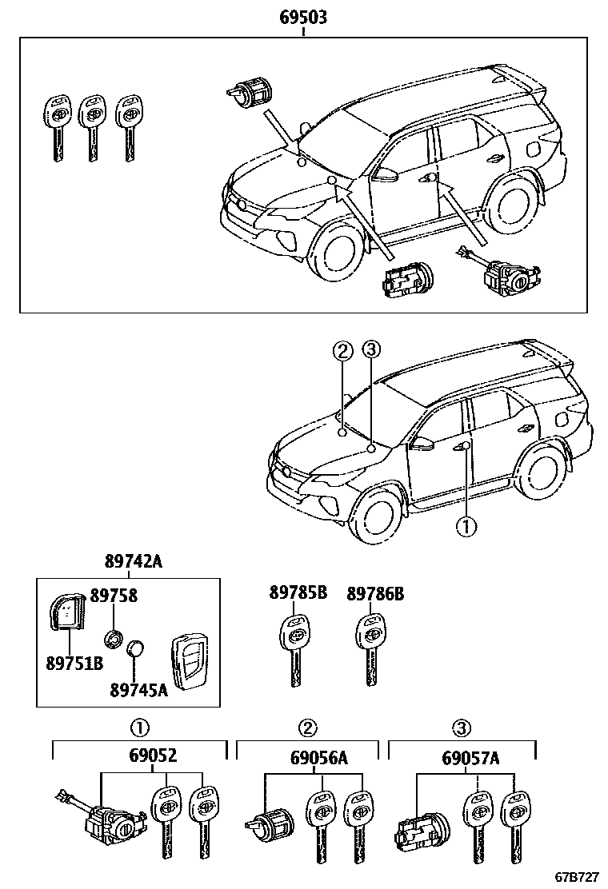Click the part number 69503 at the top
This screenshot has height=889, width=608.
[x=303, y=17]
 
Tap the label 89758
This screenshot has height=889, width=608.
[x=114, y=595]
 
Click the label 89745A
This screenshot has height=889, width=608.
[x=138, y=689]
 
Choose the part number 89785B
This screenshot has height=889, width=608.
[x=298, y=593]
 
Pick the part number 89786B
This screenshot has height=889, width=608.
[x=374, y=593]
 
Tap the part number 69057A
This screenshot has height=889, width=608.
[x=470, y=757]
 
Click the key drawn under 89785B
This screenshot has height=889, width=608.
[x=295, y=648]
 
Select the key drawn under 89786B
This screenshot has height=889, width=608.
[x=370, y=648]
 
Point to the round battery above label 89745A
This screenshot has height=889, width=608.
[x=138, y=648]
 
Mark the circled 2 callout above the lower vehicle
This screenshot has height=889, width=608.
[x=342, y=349]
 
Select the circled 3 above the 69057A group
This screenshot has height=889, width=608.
[x=461, y=728]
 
